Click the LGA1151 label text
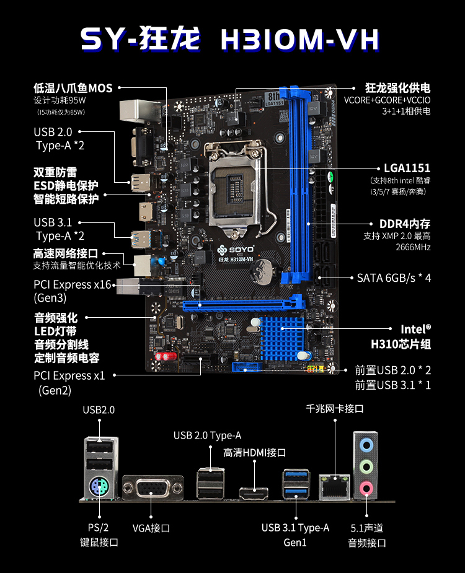(407, 168)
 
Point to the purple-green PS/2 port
(99, 487)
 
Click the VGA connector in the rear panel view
(153, 488)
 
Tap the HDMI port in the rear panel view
(254, 493)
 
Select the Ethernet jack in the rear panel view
(334, 487)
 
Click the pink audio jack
(366, 488)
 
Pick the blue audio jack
(366, 445)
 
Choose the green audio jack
(366, 466)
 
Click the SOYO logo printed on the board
(236, 250)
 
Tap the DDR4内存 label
(405, 224)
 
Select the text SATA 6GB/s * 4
(394, 278)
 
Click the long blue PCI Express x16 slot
(244, 304)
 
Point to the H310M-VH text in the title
(299, 40)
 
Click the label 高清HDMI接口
(255, 453)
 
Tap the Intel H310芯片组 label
(401, 336)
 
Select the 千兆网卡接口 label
(335, 409)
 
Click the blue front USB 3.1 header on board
(247, 367)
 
